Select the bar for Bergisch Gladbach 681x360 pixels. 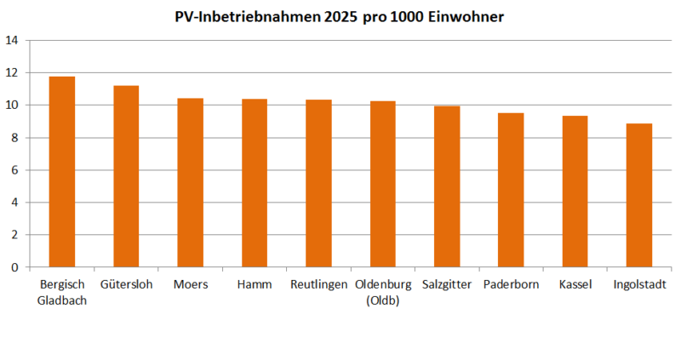[62, 172]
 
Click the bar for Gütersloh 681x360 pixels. [126, 176]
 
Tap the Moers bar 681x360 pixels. [190, 183]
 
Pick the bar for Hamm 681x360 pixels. [255, 183]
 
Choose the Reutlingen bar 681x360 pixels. [318, 184]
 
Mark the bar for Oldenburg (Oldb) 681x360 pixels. [383, 185]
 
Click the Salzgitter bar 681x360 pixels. [447, 186]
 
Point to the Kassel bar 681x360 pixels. [575, 191]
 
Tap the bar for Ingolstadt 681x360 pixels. [639, 196]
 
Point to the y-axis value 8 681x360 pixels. [14, 138]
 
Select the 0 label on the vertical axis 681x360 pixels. [14, 267]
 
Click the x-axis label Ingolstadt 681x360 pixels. [639, 284]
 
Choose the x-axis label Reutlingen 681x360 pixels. [318, 284]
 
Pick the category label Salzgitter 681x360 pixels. [447, 284]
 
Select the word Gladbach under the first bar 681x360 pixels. [62, 299]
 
